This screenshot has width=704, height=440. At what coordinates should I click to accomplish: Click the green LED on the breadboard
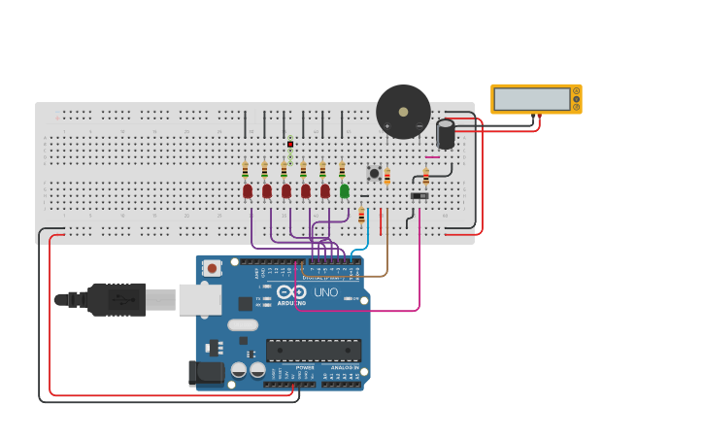point(345,190)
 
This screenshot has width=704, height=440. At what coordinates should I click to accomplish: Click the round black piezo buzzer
point(403,112)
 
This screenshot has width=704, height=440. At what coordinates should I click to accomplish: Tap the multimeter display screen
point(531,99)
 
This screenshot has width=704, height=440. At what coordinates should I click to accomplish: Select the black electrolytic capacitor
point(446,134)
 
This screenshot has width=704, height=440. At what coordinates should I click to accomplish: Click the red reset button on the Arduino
point(211,267)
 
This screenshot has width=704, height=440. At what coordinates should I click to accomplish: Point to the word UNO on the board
point(325,292)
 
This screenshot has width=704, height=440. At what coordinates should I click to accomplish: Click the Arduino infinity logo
point(291,292)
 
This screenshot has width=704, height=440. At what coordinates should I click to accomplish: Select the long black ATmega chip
point(313,350)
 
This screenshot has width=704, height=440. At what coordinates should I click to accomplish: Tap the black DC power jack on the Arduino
point(205,371)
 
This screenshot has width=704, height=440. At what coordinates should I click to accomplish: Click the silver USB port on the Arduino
point(199,299)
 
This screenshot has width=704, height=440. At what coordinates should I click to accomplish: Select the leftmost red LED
point(248,190)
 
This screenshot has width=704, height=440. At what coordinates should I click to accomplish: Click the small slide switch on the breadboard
point(419,196)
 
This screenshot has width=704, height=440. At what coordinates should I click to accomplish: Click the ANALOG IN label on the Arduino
point(344,367)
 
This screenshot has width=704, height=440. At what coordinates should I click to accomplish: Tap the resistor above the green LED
point(342,170)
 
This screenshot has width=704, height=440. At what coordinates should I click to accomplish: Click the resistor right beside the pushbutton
point(386,176)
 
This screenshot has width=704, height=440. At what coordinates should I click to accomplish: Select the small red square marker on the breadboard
point(289,144)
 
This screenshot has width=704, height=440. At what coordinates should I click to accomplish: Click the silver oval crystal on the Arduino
point(243,325)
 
